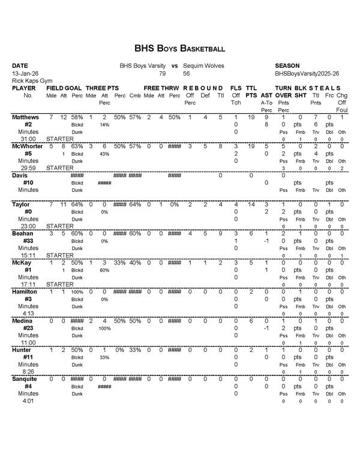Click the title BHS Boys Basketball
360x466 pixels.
coord(180,47)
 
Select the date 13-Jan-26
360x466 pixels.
coord(25,73)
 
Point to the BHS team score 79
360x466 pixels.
coord(162,73)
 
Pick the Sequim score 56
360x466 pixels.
coord(187,73)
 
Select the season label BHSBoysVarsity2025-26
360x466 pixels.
coord(307,73)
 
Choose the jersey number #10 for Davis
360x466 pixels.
coord(28,182)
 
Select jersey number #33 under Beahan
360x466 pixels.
coord(28,240)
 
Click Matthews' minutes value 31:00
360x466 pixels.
coord(21,139)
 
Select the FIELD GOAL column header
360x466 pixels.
coord(64,88)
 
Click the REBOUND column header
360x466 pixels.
coord(203,88)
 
